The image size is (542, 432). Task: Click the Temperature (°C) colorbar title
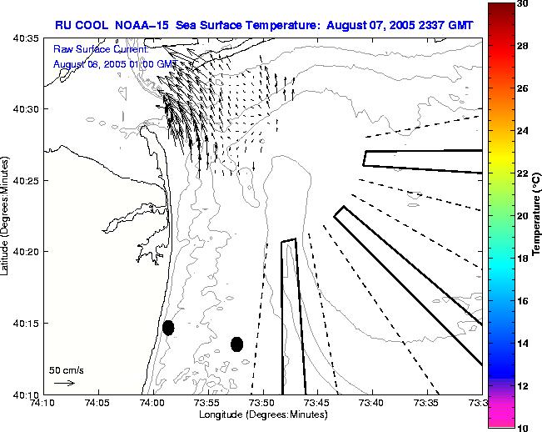tap(538, 216)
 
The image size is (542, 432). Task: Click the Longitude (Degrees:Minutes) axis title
tap(262, 414)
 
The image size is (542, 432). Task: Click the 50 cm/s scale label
tap(67, 369)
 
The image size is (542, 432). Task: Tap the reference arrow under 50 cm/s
tap(64, 383)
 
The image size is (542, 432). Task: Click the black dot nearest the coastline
tap(168, 328)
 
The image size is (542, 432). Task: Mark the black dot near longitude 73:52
tap(236, 344)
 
